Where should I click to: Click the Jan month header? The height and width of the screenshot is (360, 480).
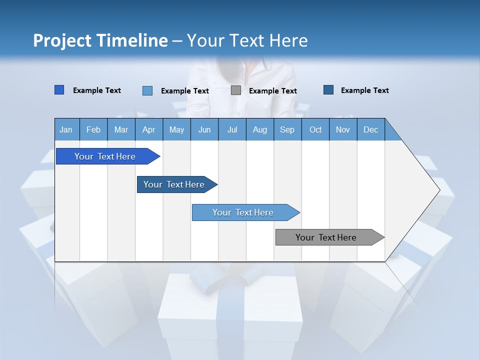pos(66,129)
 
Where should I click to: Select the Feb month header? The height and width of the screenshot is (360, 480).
pos(93,129)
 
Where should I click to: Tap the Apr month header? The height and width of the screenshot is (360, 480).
pos(149,129)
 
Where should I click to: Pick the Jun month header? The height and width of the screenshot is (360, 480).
pos(204,129)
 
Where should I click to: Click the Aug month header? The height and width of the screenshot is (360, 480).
pos(260,129)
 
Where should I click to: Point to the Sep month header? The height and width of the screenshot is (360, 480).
pos(287,129)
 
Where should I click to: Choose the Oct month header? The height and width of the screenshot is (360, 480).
pos(315,129)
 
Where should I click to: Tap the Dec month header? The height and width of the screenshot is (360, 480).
pos(371,129)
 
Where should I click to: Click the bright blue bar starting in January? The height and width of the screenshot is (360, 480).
pos(105,156)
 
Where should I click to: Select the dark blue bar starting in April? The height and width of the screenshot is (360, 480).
pos(174,184)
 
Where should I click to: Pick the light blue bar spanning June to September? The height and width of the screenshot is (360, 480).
pos(243,212)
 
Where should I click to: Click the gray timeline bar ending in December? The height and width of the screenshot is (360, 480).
pos(326,237)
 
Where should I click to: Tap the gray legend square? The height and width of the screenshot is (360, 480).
pos(236,90)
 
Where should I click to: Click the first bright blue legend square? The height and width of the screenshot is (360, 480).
pos(59,90)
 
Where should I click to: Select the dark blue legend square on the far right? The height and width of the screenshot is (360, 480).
pos(328,90)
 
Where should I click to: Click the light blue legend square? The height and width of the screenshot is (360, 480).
pos(147,90)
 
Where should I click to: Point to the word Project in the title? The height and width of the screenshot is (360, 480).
pos(62,40)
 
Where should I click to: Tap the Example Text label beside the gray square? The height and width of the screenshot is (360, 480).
pos(272,91)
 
